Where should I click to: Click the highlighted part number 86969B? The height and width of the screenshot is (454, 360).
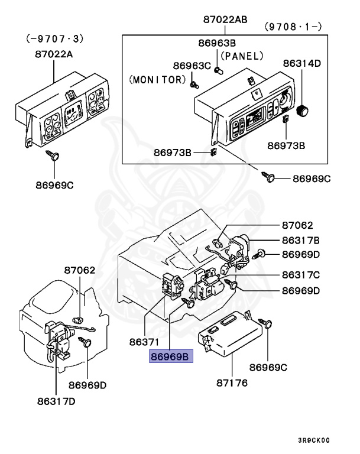(170, 357)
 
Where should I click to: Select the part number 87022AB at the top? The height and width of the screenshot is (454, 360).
(225, 20)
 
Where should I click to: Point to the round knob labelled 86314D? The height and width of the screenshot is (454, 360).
(303, 109)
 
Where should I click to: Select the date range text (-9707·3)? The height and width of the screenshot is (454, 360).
(54, 39)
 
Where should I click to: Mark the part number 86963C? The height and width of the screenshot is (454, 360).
(192, 65)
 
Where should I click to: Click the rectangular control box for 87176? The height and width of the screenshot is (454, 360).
(228, 334)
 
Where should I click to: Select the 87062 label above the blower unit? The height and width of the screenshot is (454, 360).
(80, 270)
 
